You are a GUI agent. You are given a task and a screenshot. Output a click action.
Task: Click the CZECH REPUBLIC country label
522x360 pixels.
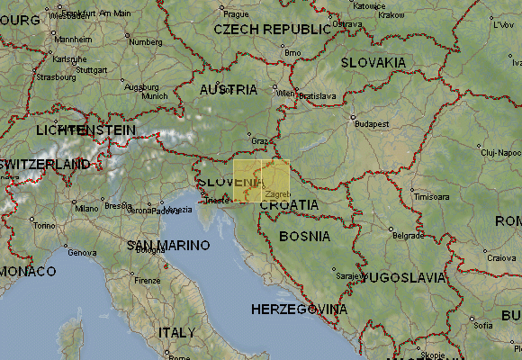coord(272,29)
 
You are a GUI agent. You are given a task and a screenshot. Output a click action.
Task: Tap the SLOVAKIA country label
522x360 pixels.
coord(373,63)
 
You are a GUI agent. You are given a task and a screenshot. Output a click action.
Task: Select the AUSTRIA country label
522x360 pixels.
coord(228,90)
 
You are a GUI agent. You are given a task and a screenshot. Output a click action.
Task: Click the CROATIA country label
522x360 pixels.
coord(289,204)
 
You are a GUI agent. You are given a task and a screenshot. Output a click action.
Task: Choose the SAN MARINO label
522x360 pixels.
coord(168,245)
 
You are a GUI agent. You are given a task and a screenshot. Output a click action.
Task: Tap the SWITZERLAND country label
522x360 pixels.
coord(45,165)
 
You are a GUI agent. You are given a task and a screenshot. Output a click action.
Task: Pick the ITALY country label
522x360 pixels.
coord(176,332)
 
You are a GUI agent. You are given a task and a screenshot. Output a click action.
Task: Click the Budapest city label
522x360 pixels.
coord(368,124)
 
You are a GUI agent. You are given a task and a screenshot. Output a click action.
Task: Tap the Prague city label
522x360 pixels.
coord(236,14)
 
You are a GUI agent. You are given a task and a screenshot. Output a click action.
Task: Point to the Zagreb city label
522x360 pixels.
coord(278,194)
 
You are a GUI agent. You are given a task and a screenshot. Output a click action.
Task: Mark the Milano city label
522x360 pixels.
coord(86,209)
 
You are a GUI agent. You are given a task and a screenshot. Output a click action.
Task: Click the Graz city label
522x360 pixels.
coord(260,140)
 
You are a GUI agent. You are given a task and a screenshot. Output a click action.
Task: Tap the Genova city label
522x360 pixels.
coord(82,253)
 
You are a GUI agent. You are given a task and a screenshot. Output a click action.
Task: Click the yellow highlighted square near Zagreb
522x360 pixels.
coord(261,180)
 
